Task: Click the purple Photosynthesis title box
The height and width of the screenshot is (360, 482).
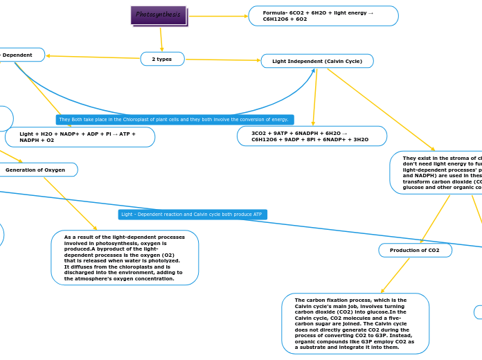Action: (x=159, y=15)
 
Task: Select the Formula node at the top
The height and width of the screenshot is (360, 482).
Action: (x=323, y=16)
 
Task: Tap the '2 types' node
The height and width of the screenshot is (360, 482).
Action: (x=162, y=60)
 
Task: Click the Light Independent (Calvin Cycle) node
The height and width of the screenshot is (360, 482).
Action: (x=316, y=62)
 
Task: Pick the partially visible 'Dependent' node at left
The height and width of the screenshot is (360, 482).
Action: (x=21, y=55)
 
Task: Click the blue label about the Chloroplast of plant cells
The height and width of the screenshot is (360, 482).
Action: (x=175, y=120)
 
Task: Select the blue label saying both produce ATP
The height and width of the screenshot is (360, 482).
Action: (x=192, y=215)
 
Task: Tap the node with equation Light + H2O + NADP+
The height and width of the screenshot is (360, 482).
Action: (x=80, y=137)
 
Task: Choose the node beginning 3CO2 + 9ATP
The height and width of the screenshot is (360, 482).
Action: (x=312, y=136)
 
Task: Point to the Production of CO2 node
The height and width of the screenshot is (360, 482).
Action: (x=414, y=250)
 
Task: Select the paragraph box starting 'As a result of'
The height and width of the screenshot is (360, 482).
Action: (x=125, y=258)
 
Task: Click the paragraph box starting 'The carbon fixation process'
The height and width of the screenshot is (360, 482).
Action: (x=355, y=323)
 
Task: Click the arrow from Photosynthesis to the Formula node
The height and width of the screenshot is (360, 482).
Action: (x=218, y=16)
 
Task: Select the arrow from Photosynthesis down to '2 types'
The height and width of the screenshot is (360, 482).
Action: (x=161, y=39)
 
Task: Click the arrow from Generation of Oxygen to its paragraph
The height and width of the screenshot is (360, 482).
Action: (x=69, y=203)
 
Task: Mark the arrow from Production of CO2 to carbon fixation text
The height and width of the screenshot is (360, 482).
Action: (x=395, y=275)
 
